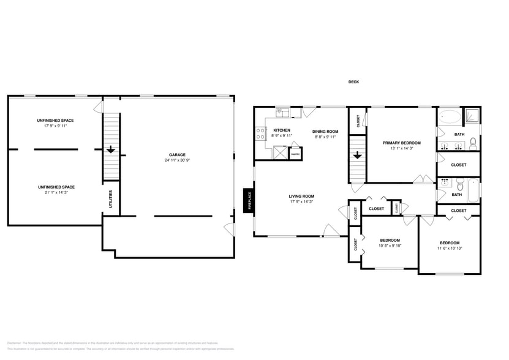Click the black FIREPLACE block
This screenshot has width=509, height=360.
click(x=249, y=200)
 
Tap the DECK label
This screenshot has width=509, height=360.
click(x=353, y=82)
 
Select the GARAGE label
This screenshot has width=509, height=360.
click(x=178, y=154)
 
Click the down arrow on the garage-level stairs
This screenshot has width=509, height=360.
click(x=111, y=149)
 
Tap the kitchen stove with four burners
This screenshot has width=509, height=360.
click(x=260, y=133)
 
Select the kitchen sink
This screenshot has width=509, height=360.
click(x=282, y=112)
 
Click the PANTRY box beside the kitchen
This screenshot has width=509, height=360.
click(x=295, y=154)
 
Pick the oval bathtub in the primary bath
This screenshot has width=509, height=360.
click(x=450, y=115)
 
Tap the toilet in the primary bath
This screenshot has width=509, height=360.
click(x=473, y=145)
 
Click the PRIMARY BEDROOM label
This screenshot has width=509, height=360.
click(x=401, y=143)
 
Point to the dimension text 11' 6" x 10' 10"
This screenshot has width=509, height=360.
click(x=450, y=249)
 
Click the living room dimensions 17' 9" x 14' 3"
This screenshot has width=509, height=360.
click(x=301, y=201)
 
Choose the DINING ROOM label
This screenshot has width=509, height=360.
click(x=325, y=131)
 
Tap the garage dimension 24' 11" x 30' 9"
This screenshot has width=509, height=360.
click(x=178, y=160)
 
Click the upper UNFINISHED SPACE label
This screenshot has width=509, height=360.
click(x=55, y=120)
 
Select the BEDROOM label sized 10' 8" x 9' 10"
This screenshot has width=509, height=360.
click(x=390, y=240)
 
